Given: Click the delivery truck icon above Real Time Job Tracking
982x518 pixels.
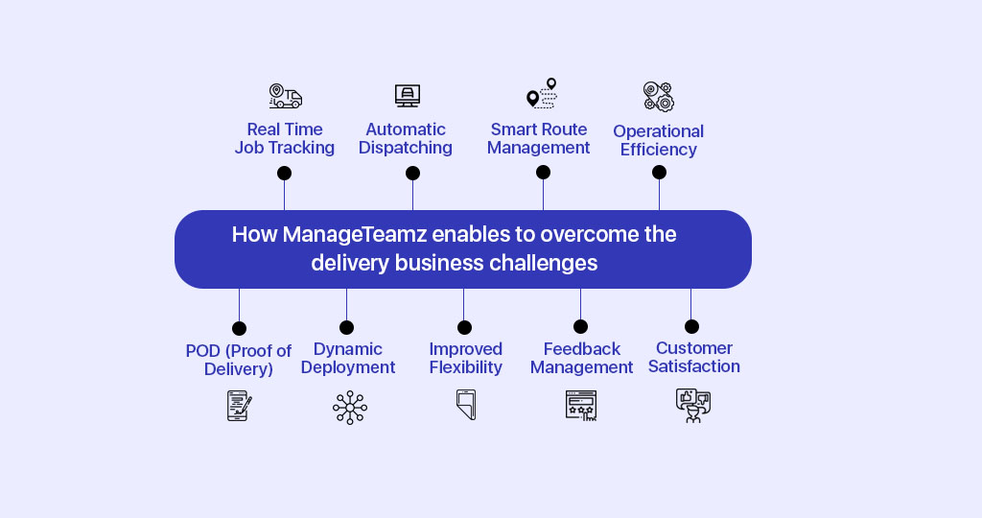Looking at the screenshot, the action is (286, 97).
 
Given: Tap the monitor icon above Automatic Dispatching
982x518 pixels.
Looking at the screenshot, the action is (408, 96).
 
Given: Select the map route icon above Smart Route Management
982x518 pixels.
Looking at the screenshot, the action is (542, 93).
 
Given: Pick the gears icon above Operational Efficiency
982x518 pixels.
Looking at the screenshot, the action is (659, 97).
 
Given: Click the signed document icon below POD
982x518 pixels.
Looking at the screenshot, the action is (239, 405).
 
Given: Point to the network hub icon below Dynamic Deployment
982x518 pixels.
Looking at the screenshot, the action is (350, 408).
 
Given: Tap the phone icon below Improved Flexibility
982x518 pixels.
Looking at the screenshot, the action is (467, 405).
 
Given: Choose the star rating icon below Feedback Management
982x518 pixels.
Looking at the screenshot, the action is (581, 405).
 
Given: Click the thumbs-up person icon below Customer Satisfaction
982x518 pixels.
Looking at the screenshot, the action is (693, 406).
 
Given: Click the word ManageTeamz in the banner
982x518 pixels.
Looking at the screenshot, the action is (355, 234).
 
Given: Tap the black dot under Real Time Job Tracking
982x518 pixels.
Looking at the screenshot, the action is (284, 173).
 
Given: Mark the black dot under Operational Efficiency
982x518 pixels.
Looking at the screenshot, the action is (659, 173).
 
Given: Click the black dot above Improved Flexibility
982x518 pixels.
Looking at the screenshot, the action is (464, 327).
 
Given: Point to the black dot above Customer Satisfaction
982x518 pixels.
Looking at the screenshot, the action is (691, 326).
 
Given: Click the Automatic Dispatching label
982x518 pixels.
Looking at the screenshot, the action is (406, 138).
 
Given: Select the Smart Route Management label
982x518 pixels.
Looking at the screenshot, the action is (539, 138).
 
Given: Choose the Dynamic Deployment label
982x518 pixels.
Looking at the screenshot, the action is (347, 358).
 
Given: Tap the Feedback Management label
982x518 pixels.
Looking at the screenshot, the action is (582, 358).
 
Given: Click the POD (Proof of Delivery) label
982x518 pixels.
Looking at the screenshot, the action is (239, 360).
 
